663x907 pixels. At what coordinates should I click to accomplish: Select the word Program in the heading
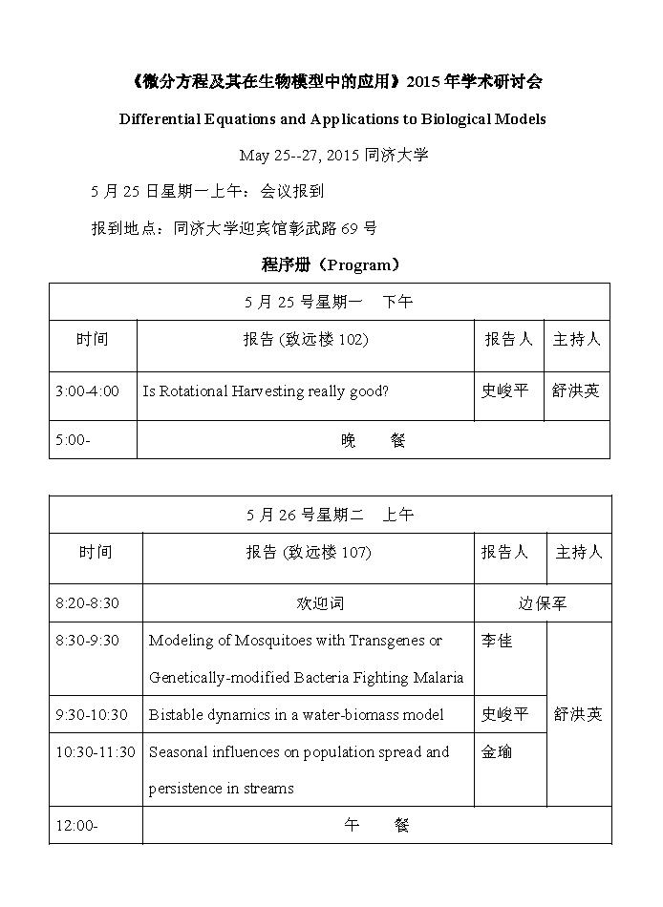[x=362, y=264]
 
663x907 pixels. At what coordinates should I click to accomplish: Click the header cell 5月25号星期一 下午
[x=330, y=302]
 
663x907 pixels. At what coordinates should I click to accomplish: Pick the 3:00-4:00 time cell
[x=88, y=391]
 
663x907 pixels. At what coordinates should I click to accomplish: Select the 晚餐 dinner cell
[x=373, y=441]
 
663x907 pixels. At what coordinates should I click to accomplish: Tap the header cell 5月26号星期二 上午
[x=330, y=515]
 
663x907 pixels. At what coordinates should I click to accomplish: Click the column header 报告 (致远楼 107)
[x=308, y=552]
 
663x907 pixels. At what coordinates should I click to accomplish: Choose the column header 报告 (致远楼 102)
[x=306, y=339]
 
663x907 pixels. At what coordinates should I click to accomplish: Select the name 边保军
[x=542, y=603]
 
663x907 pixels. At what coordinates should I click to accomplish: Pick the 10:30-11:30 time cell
[x=96, y=751]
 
